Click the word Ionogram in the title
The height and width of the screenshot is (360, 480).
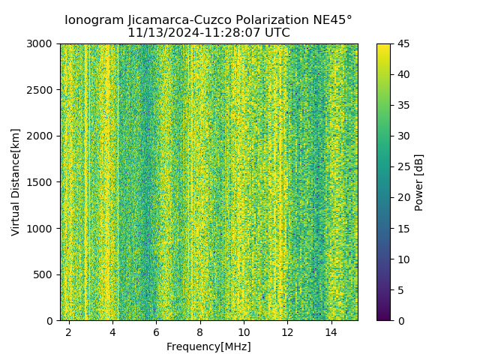(92, 20)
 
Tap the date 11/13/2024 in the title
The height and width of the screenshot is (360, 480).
(159, 33)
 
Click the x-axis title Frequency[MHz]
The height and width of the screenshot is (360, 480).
(208, 346)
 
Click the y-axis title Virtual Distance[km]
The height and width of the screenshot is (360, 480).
(16, 181)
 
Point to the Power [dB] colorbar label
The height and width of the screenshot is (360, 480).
(419, 182)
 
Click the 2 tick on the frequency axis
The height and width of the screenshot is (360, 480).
(69, 331)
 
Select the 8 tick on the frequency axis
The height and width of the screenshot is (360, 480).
(200, 331)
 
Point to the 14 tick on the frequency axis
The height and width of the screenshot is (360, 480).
(331, 331)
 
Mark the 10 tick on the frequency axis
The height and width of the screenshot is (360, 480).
(244, 331)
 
